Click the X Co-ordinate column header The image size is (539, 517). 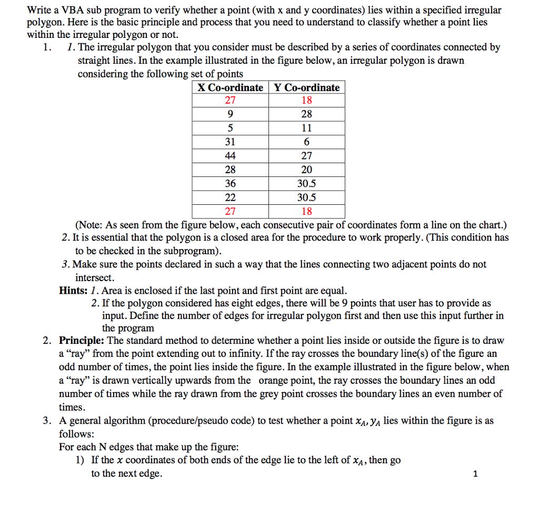(x=231, y=87)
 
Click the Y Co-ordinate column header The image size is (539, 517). (x=307, y=87)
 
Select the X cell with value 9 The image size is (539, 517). (x=231, y=114)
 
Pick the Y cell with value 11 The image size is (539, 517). (x=307, y=128)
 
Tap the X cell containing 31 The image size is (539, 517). (x=231, y=142)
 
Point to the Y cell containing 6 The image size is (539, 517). (x=307, y=142)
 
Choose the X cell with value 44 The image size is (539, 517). (x=231, y=156)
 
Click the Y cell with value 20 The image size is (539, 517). (x=307, y=170)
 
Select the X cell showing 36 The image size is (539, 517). (x=231, y=184)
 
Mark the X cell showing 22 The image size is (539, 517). (x=231, y=197)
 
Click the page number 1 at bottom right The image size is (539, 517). (x=476, y=474)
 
